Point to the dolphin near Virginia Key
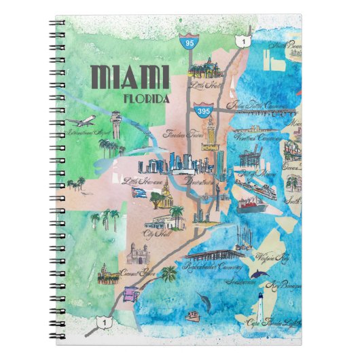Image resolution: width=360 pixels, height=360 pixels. (x=260, y=272)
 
